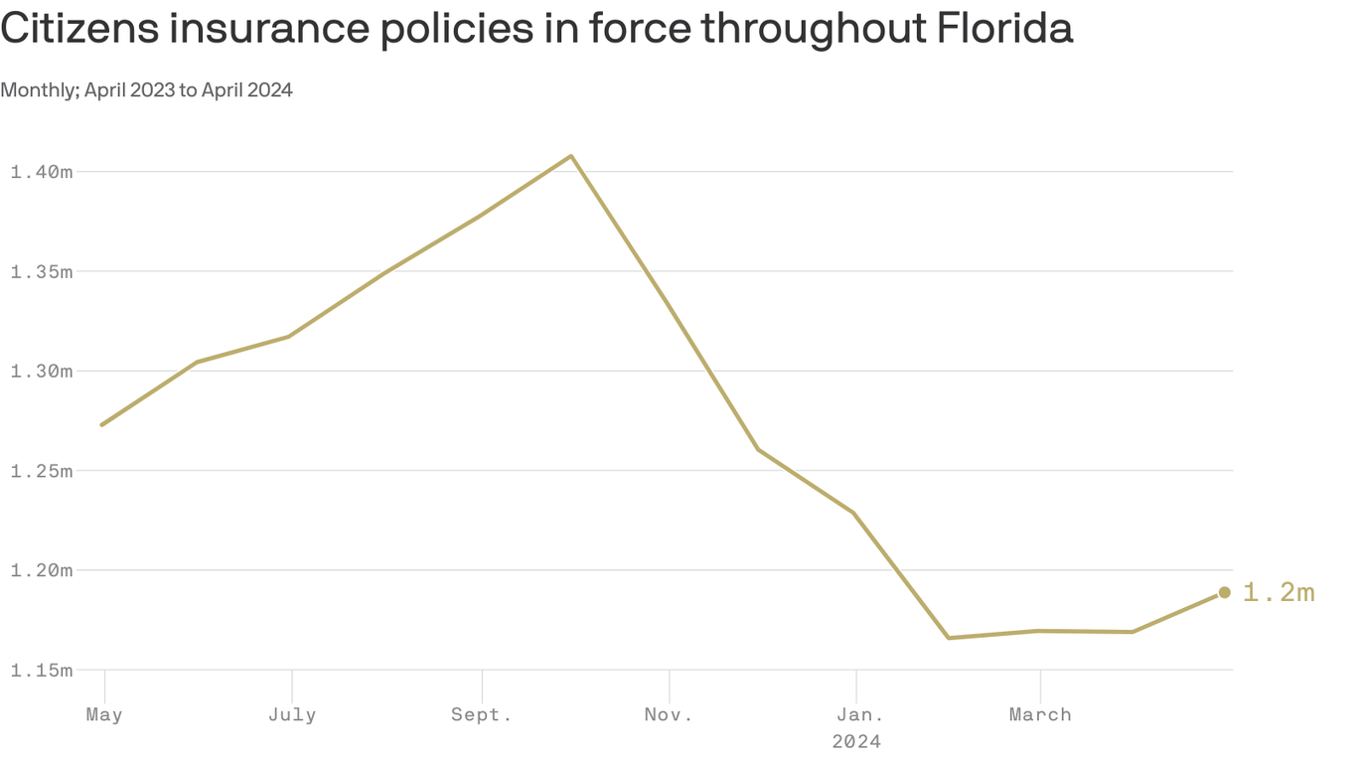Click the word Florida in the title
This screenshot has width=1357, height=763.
[x=1004, y=29]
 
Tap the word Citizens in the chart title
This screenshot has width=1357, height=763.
[x=76, y=29]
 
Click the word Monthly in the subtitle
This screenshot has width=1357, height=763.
[x=39, y=90]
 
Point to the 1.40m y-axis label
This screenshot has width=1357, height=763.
[x=41, y=172]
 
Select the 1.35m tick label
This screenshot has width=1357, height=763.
[x=41, y=271]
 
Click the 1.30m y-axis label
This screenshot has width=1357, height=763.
[x=41, y=371]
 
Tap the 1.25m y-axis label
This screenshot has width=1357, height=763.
[x=41, y=470]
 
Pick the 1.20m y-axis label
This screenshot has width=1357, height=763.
[x=41, y=570]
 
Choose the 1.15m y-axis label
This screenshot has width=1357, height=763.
[x=41, y=670]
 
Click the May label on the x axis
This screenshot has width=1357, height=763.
[x=104, y=714]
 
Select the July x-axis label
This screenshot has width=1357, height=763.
[x=292, y=714]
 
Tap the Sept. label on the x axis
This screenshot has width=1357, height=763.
[x=482, y=714]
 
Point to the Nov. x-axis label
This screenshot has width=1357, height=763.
[x=669, y=714]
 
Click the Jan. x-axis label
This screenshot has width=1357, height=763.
[x=856, y=714]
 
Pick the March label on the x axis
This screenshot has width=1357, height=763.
[x=1040, y=714]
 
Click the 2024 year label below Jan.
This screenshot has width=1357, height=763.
[x=856, y=741]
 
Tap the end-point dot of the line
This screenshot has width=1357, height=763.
[x=1225, y=592]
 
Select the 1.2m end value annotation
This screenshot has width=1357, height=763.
[x=1279, y=593]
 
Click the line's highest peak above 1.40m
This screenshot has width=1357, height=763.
[x=570, y=156]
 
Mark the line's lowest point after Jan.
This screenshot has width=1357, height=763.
[x=949, y=638]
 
